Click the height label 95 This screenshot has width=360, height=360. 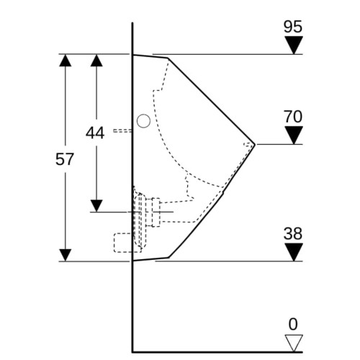(x=293, y=27)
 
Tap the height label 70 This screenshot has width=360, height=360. (x=293, y=117)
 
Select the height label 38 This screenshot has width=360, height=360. (x=293, y=233)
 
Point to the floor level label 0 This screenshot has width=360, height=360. (x=293, y=324)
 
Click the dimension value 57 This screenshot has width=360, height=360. (x=64, y=159)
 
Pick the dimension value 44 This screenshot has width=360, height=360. (x=95, y=132)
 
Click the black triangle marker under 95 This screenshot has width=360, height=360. (x=294, y=45)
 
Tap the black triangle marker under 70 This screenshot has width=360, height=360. (x=294, y=135)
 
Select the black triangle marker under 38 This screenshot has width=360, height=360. (x=294, y=252)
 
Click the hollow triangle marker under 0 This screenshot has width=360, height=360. (x=294, y=343)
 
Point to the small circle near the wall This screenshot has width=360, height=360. (x=143, y=121)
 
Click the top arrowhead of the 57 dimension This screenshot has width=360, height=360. (x=66, y=60)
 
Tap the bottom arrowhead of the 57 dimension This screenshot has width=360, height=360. (x=66, y=255)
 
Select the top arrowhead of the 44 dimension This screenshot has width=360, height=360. (x=96, y=60)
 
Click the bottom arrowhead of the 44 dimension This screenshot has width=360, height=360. (x=96, y=206)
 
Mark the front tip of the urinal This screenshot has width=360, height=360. (x=255, y=145)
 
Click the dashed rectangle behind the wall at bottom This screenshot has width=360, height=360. (x=127, y=243)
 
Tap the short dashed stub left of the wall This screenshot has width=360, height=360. (x=122, y=130)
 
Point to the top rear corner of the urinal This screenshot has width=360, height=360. (x=133, y=55)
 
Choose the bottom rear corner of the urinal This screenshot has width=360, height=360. (x=133, y=260)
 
